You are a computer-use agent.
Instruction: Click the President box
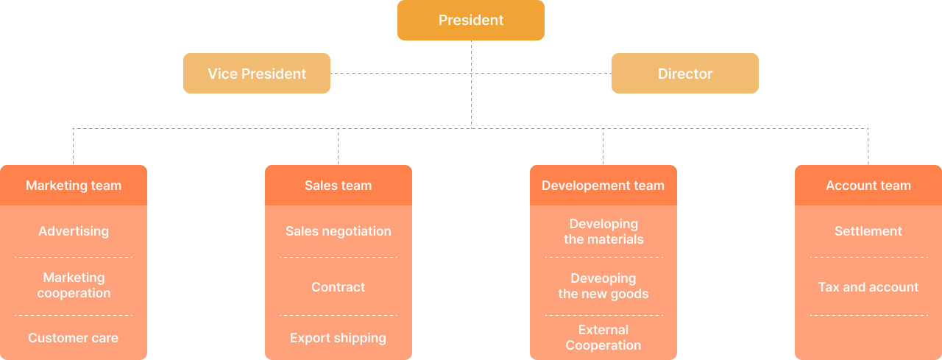pyautogui.click(x=471, y=20)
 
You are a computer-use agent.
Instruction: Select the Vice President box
pyautogui.click(x=257, y=74)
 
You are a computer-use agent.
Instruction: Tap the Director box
pyautogui.click(x=685, y=74)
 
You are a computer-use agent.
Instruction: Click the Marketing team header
pyautogui.click(x=74, y=186)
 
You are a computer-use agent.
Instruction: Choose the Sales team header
pyautogui.click(x=339, y=186)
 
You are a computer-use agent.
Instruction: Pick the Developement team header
pyautogui.click(x=603, y=186)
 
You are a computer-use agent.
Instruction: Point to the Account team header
pyautogui.click(x=868, y=186)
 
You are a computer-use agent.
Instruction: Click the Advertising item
pyautogui.click(x=74, y=231)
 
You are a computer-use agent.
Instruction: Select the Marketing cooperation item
pyautogui.click(x=74, y=285)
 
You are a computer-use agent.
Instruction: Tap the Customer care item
pyautogui.click(x=74, y=338)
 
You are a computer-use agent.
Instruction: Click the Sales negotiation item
pyautogui.click(x=339, y=231)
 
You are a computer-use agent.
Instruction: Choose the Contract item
pyautogui.click(x=339, y=287)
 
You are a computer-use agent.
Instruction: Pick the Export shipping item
pyautogui.click(x=339, y=338)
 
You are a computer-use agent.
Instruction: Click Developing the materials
pyautogui.click(x=603, y=231)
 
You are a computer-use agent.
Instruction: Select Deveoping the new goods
pyautogui.click(x=603, y=286)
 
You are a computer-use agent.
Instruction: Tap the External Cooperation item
pyautogui.click(x=603, y=337)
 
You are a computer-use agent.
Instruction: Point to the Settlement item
pyautogui.click(x=868, y=231)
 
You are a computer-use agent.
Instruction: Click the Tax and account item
pyautogui.click(x=868, y=287)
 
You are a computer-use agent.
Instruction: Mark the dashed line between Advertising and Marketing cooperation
pyautogui.click(x=74, y=257)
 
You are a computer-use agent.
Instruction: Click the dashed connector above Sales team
pyautogui.click(x=339, y=147)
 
